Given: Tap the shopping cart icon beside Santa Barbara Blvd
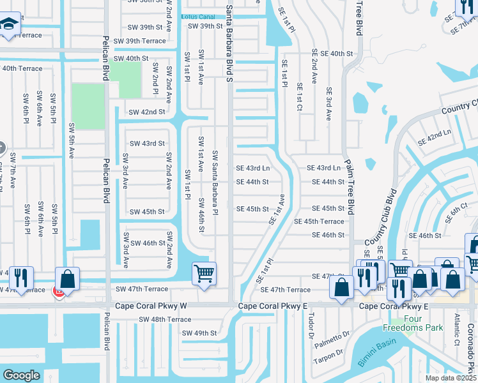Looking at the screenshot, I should (204, 273).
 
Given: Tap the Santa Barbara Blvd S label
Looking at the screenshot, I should (229, 44).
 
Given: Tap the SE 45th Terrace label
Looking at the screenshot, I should (318, 222).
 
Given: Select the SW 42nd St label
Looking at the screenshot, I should (146, 112).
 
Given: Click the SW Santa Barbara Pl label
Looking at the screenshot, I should (216, 182).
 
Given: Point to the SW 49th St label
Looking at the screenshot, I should (200, 333).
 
